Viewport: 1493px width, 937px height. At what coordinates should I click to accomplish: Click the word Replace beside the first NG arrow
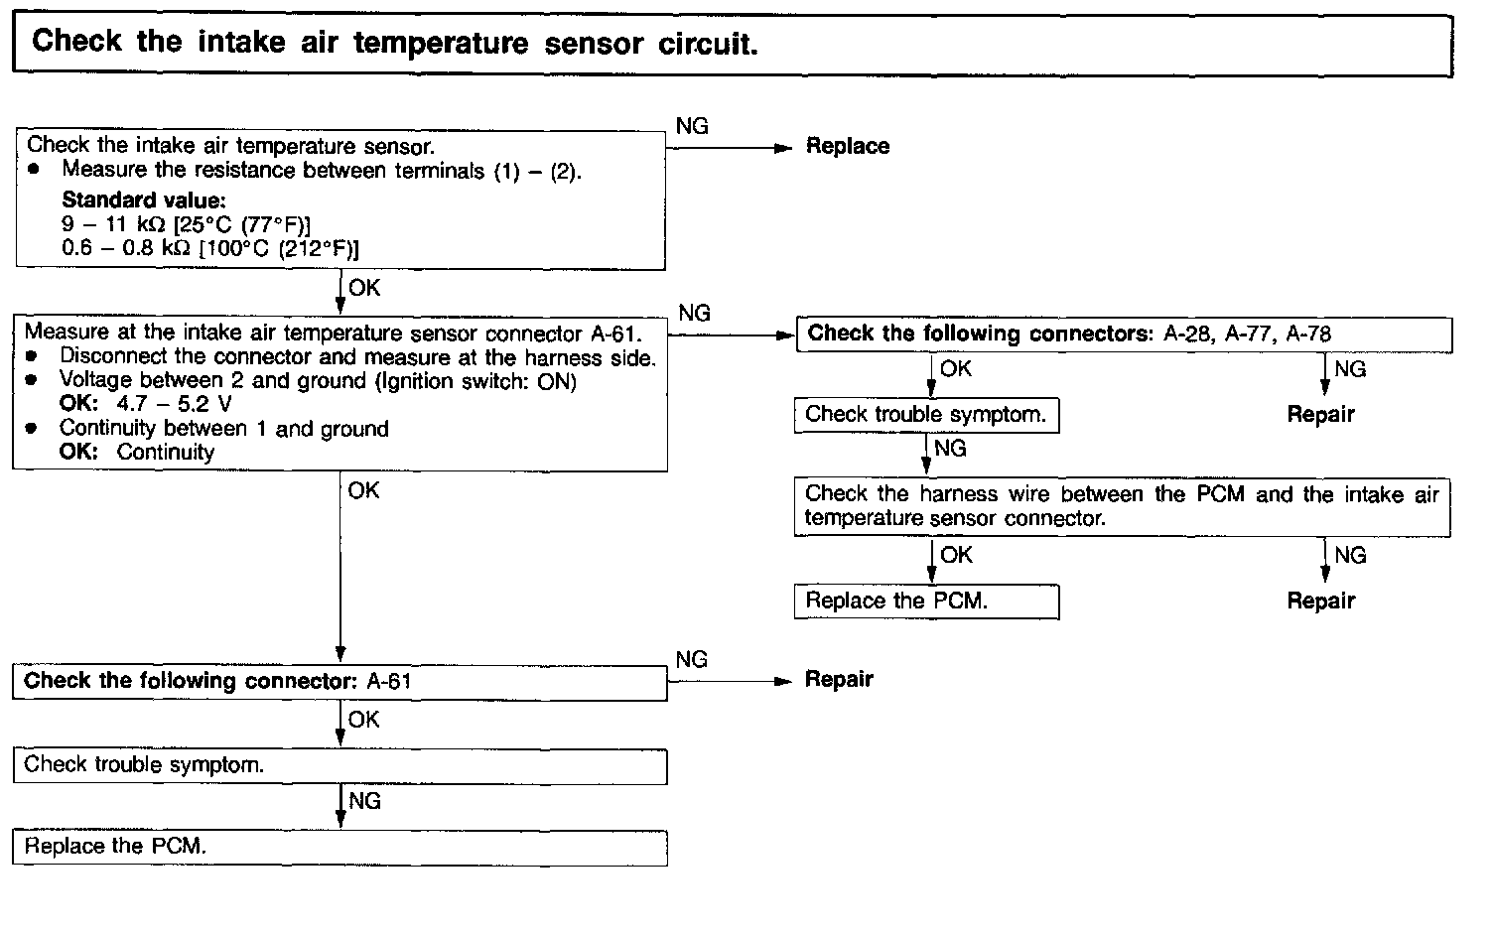(847, 147)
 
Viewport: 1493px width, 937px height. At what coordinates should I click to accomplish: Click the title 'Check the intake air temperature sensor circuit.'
(394, 43)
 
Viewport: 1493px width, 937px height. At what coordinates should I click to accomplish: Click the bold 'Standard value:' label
(143, 201)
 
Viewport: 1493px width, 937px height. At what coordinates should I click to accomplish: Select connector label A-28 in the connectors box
(1187, 335)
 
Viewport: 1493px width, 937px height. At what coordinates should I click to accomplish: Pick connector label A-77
(1248, 335)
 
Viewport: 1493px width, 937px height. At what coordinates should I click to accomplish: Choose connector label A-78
(1308, 335)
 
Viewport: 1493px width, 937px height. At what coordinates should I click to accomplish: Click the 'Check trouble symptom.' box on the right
(926, 415)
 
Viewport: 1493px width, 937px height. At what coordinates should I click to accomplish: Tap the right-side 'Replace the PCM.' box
(926, 602)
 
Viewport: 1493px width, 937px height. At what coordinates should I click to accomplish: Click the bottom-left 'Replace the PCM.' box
(339, 848)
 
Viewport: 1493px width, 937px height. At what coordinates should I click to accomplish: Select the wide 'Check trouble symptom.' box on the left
(339, 766)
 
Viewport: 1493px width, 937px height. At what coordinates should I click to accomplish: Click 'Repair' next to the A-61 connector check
(839, 680)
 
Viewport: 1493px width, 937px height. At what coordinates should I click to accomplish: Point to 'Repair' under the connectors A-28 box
(1320, 415)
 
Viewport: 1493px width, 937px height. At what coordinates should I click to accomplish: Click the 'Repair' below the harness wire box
(1320, 602)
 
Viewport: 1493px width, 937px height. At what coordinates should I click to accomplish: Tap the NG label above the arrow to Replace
(692, 127)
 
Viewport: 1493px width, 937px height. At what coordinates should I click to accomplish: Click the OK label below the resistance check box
(364, 289)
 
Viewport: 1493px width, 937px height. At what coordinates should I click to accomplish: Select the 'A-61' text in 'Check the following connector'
(389, 682)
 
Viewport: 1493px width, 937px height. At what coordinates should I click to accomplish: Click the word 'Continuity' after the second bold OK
(165, 453)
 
